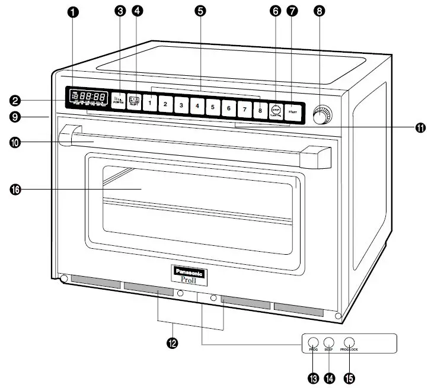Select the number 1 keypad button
150,103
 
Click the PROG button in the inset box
313,342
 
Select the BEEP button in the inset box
330,342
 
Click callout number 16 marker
16,189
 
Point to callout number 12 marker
173,342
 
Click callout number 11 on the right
420,127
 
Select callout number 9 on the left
16,117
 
